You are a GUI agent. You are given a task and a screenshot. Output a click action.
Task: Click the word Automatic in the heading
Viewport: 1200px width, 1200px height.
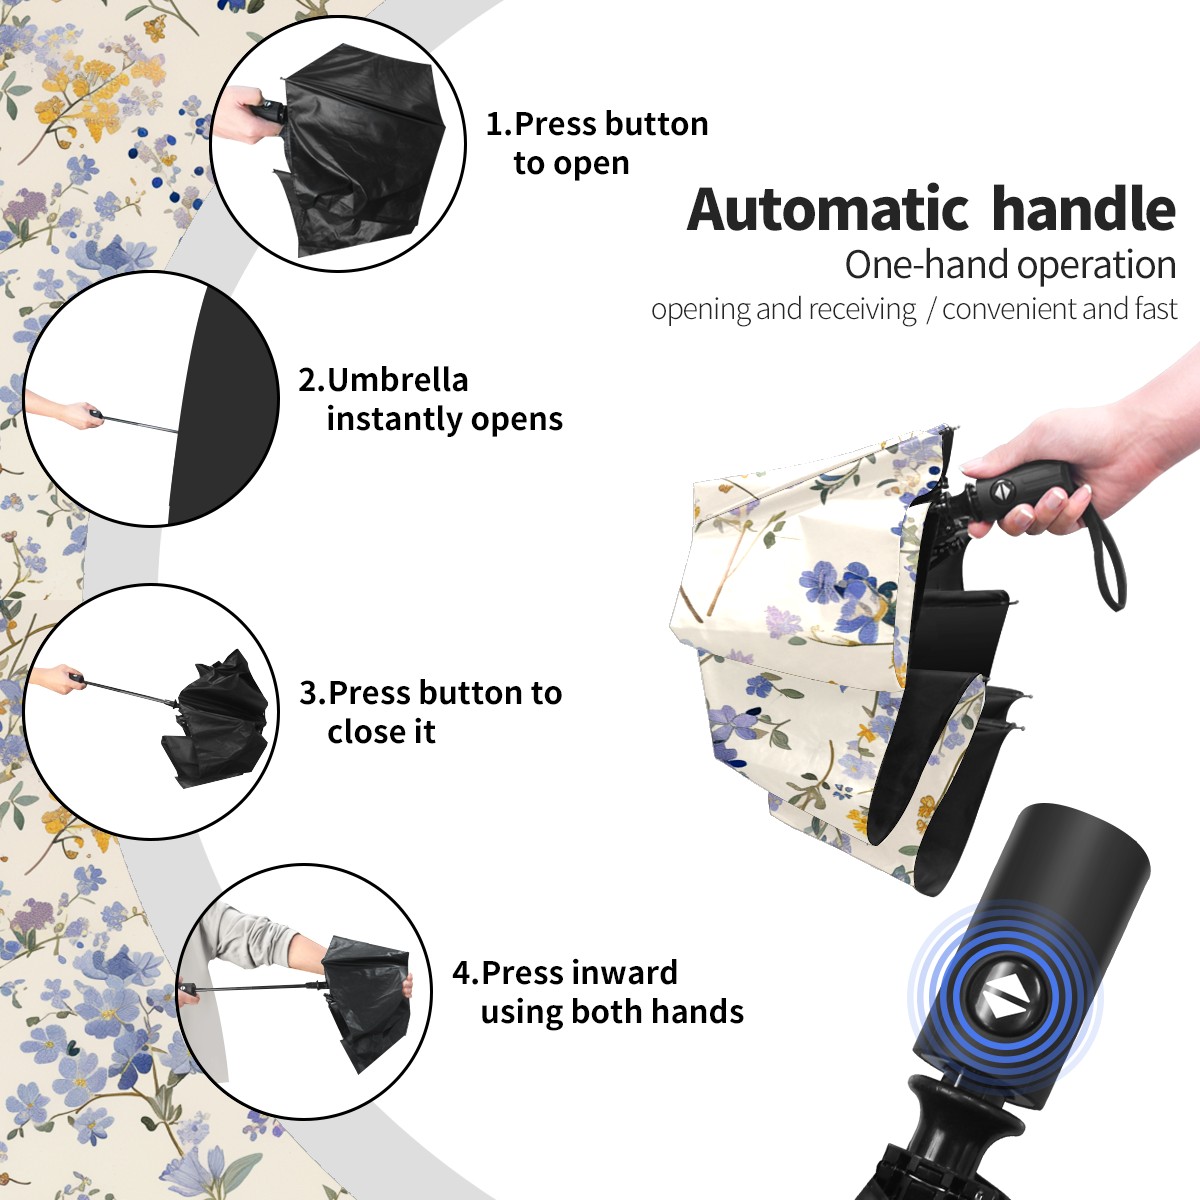pyautogui.click(x=827, y=210)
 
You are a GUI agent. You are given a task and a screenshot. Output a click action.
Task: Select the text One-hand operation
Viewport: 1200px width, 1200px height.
pyautogui.click(x=1010, y=265)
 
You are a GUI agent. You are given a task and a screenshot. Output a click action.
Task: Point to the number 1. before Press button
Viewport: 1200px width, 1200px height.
pyautogui.click(x=499, y=124)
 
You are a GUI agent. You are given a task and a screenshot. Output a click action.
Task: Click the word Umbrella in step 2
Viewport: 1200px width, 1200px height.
pyautogui.click(x=397, y=379)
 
